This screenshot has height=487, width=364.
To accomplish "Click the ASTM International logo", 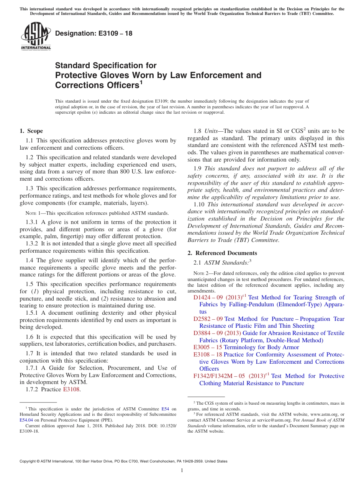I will [x=36, y=36].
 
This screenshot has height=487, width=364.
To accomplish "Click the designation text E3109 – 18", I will [x=94, y=33].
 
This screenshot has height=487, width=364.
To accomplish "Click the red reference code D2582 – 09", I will [x=208, y=319].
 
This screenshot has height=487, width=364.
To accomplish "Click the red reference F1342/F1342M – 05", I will [x=219, y=376].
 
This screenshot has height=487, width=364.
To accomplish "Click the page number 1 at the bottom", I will [x=182, y=470].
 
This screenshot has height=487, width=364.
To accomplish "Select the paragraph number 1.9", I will [x=198, y=168].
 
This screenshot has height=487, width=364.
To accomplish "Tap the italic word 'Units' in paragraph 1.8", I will [x=211, y=131].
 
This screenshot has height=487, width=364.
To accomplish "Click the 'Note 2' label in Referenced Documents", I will [x=201, y=273].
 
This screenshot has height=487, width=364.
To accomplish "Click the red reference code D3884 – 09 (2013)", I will [x=217, y=333].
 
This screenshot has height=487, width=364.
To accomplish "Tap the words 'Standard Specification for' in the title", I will [x=106, y=65].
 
